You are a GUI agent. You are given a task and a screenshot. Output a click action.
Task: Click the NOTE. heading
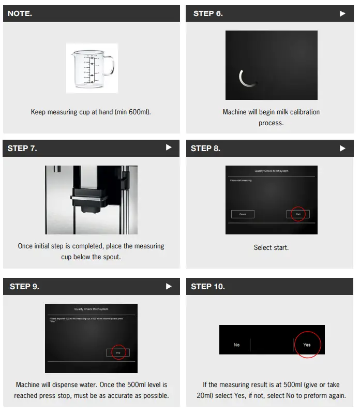pyautogui.click(x=20, y=13)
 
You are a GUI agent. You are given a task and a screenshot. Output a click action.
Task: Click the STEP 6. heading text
pyautogui.click(x=208, y=13)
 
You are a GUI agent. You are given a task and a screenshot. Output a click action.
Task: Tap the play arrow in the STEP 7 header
pyautogui.click(x=169, y=148)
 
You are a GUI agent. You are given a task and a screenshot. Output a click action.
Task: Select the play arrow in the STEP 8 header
pyautogui.click(x=342, y=148)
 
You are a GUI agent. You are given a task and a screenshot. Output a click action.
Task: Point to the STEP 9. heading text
pyautogui.click(x=24, y=286)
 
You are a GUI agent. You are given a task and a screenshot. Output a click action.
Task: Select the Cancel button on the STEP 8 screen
pyautogui.click(x=243, y=214)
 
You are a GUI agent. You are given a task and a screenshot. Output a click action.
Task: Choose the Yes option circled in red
pyautogui.click(x=307, y=345)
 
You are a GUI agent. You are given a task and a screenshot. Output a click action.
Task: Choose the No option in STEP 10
pyautogui.click(x=237, y=345)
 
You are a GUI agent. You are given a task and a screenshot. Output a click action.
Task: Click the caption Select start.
pyautogui.click(x=271, y=247)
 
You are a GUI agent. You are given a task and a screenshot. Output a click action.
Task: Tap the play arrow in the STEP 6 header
pyautogui.click(x=342, y=13)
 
